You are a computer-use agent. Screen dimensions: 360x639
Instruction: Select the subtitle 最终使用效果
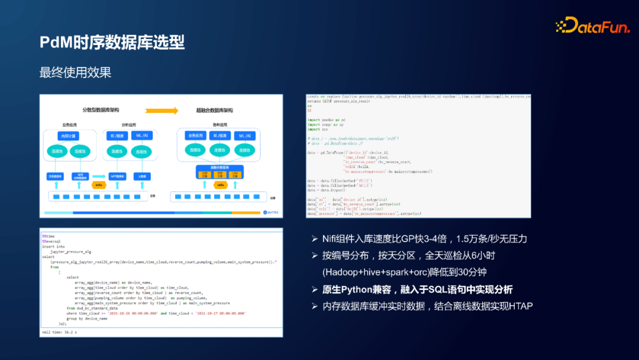[75, 73]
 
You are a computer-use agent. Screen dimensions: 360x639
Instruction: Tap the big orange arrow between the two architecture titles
[162, 110]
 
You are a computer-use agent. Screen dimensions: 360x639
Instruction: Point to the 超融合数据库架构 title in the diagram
[214, 111]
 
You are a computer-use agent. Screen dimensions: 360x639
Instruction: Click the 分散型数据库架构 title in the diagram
[101, 111]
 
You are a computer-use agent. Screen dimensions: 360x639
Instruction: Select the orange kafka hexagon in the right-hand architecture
[220, 185]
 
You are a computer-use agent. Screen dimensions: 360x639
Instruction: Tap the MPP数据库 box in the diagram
[117, 176]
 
